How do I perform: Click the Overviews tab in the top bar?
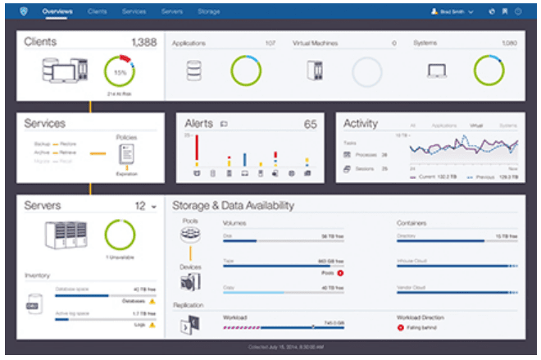click(57, 11)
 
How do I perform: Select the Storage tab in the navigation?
click(208, 11)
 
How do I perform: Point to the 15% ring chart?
click(120, 71)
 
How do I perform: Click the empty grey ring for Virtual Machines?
click(368, 72)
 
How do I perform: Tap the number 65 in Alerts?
click(310, 125)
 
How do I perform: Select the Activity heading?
click(361, 124)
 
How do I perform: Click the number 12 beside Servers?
click(140, 205)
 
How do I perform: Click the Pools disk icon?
click(190, 236)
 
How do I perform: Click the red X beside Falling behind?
click(401, 327)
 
